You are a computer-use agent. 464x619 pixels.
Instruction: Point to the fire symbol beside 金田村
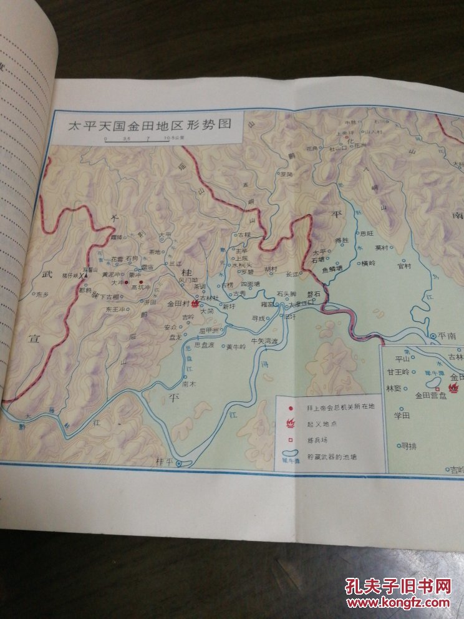pos(195,303)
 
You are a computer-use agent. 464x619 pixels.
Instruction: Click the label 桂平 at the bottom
pos(164,463)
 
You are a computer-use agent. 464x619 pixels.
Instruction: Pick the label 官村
pos(404,266)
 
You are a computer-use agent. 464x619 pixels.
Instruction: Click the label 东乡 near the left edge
pos(42,293)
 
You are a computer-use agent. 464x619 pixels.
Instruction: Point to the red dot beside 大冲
pos(127,282)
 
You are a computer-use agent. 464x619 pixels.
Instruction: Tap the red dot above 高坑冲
pos(141,282)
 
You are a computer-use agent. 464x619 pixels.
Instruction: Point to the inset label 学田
pos(400,415)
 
